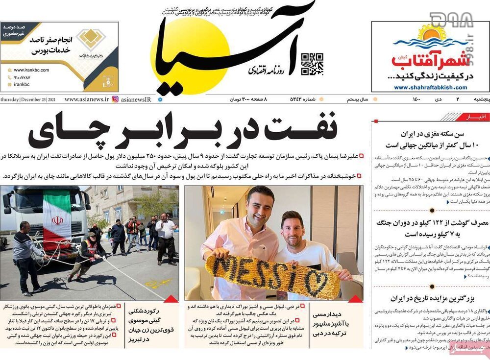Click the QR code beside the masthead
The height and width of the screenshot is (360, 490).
tap(312, 64)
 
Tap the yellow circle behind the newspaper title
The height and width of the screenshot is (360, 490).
tap(189, 54)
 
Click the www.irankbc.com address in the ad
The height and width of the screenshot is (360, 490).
tap(31, 70)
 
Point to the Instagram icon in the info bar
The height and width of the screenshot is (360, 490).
tap(115, 99)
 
